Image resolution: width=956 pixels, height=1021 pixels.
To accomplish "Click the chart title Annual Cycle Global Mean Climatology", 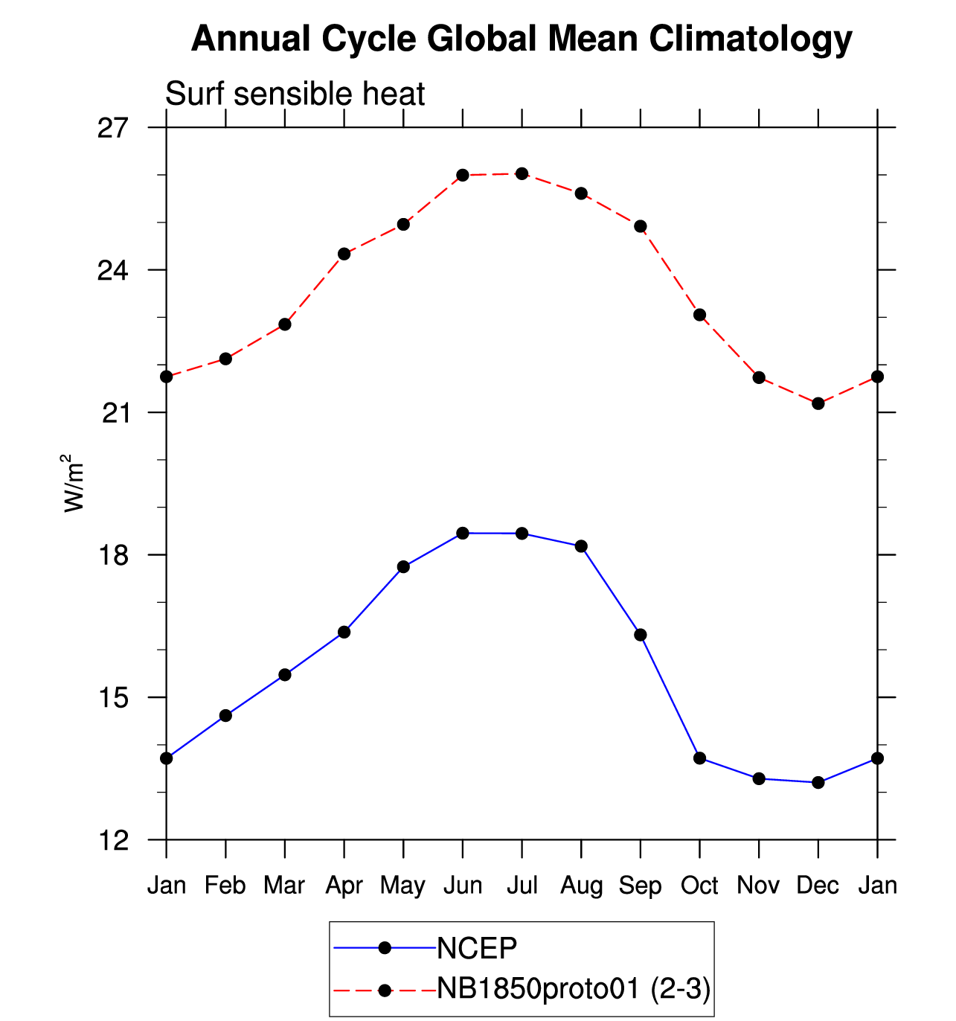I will (521, 39).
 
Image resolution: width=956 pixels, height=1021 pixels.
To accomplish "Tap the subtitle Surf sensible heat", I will (295, 95).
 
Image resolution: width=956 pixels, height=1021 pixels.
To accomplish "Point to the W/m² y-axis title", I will (73, 483).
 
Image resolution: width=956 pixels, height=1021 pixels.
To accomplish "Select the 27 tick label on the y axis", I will (113, 128).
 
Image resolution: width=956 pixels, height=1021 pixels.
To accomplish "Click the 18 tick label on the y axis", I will (113, 555).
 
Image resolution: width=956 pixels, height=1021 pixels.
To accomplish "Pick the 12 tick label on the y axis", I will (113, 840).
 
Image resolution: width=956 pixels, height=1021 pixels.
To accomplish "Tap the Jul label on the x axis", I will (522, 886).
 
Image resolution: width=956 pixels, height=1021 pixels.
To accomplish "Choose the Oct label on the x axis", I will (699, 886).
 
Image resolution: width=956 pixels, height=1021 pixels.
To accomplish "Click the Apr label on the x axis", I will (344, 886).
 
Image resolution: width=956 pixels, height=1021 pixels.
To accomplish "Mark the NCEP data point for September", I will (641, 635).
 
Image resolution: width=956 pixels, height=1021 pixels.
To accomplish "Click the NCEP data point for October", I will (699, 758).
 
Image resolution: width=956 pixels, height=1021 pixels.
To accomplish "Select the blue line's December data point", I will (818, 783).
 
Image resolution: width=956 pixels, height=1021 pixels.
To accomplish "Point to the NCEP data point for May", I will (403, 567).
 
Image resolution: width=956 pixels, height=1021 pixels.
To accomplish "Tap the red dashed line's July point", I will (522, 174).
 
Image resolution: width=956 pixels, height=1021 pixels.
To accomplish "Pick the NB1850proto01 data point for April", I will (344, 254).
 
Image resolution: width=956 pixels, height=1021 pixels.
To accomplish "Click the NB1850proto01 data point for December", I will (818, 403).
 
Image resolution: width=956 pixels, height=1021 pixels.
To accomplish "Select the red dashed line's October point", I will (699, 315).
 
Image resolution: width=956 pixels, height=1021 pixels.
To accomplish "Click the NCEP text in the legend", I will (477, 949).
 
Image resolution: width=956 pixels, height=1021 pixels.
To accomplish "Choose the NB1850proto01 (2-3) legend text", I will (574, 989).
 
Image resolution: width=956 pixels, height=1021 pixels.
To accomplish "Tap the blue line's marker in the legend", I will (385, 948).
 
